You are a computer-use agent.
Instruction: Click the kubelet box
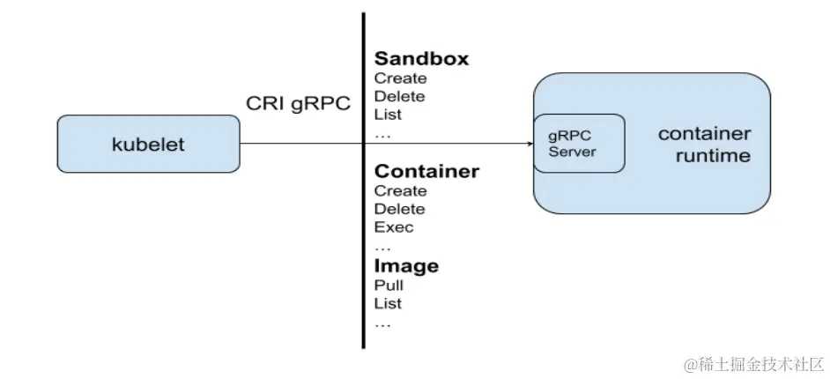[x=148, y=144]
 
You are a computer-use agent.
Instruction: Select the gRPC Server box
[x=577, y=144]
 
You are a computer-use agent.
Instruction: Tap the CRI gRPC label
[x=298, y=104]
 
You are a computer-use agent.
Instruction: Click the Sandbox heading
[x=421, y=59]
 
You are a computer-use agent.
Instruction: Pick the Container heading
[x=426, y=171]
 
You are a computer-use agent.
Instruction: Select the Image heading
[x=406, y=265]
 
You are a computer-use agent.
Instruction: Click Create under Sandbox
[x=400, y=78]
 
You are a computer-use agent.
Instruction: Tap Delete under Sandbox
[x=399, y=96]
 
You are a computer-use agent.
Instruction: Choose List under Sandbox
[x=388, y=115]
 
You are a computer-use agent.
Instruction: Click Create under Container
[x=400, y=190]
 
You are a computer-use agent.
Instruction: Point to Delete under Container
[x=399, y=209]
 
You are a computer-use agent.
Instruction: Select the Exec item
[x=394, y=227]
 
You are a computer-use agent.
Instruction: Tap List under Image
[x=388, y=303]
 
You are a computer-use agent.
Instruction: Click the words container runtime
[x=704, y=145]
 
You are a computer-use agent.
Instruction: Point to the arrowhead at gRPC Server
[x=528, y=144]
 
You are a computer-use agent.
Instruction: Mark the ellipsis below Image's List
[x=383, y=324]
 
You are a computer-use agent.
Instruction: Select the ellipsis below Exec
[x=383, y=248]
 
